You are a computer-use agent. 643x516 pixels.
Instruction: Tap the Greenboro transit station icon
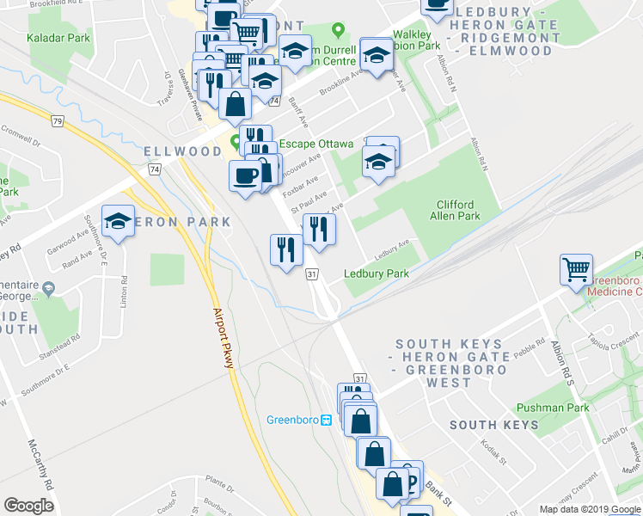click(327, 421)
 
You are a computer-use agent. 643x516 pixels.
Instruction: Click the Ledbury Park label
click(376, 273)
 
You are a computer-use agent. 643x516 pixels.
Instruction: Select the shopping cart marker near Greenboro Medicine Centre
click(575, 269)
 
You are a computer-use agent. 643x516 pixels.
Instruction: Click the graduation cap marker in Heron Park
click(119, 222)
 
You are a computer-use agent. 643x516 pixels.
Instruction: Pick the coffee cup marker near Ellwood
click(245, 175)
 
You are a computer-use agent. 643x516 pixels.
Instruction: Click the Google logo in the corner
click(28, 506)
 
